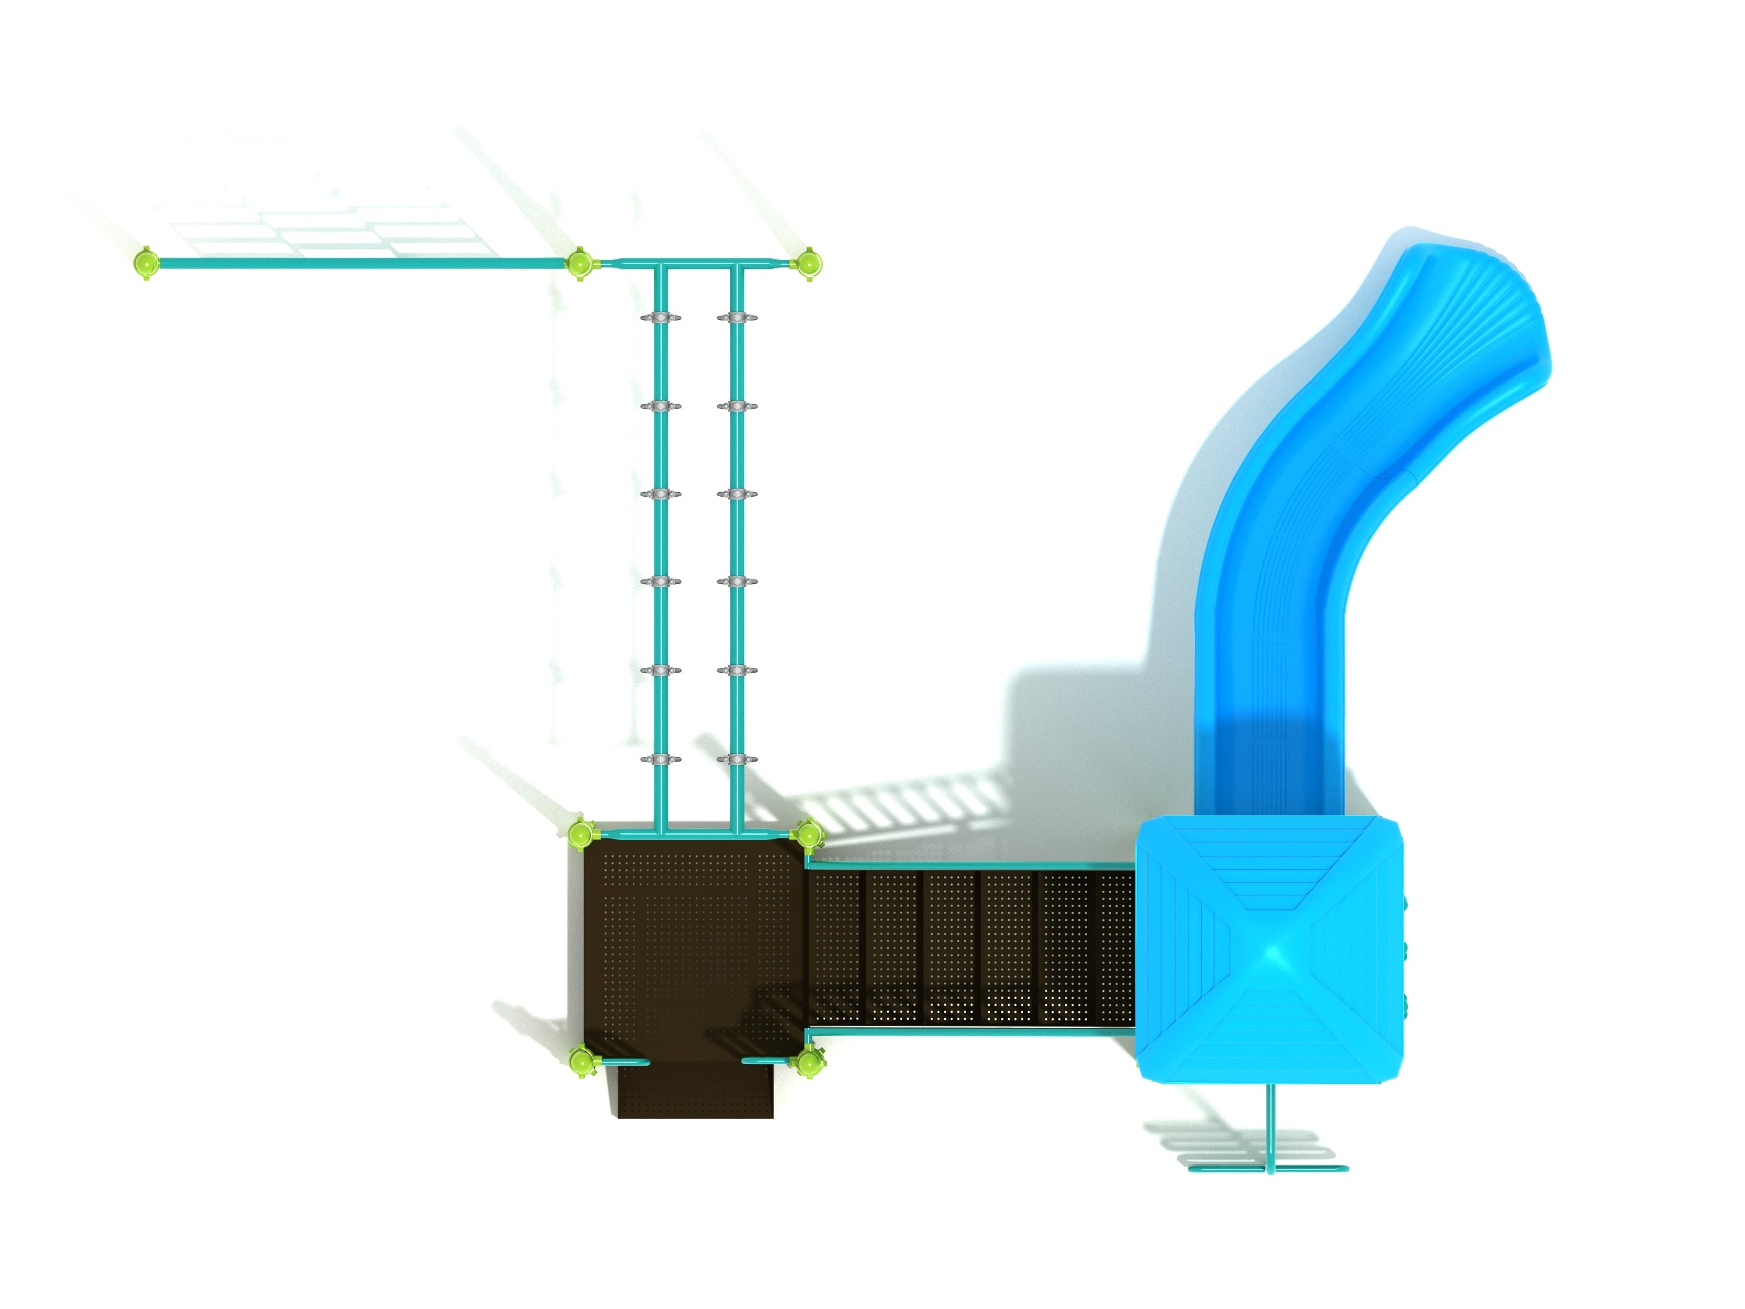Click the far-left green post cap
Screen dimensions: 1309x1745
tap(146, 261)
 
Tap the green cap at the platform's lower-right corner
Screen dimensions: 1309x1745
tap(809, 1061)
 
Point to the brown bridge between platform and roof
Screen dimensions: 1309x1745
tap(970, 947)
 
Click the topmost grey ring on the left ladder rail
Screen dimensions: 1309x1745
tap(660, 318)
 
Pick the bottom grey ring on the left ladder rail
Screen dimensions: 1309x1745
tap(660, 760)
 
